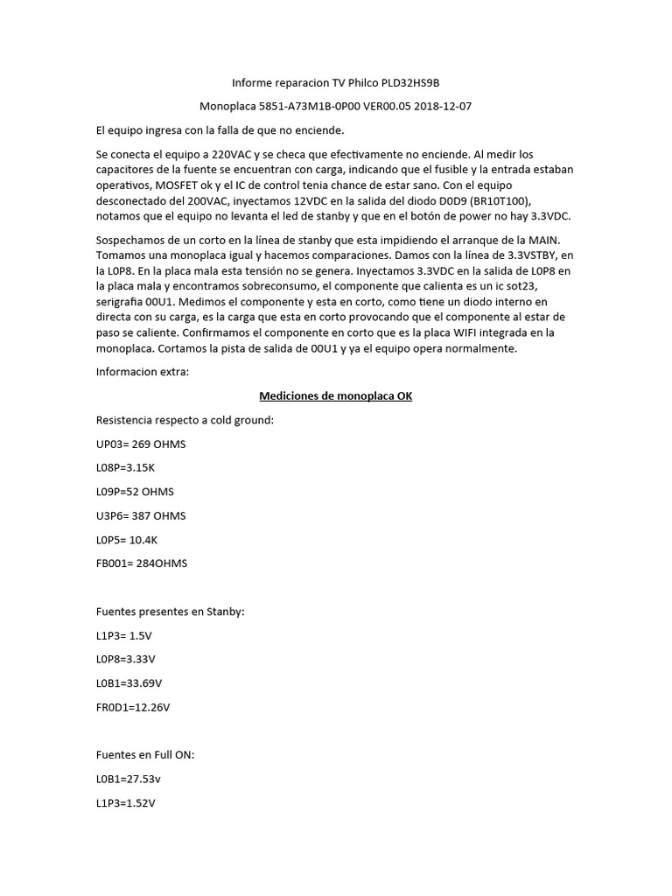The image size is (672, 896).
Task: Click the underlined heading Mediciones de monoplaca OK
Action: pyautogui.click(x=336, y=396)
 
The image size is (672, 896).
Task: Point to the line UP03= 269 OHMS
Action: pyautogui.click(x=141, y=444)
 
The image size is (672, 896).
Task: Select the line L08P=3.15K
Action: pyautogui.click(x=131, y=468)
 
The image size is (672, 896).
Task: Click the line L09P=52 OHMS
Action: pyautogui.click(x=135, y=492)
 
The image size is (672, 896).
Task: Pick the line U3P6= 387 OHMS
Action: pyautogui.click(x=141, y=515)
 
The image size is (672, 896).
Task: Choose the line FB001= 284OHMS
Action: pyautogui.click(x=142, y=563)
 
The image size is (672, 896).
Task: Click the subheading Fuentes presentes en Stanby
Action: pyautogui.click(x=170, y=611)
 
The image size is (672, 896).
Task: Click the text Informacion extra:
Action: pyautogui.click(x=142, y=373)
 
